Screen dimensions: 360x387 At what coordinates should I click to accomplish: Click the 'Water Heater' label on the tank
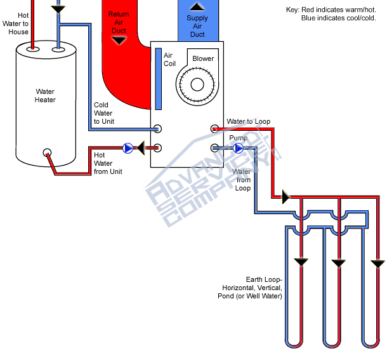click(45, 96)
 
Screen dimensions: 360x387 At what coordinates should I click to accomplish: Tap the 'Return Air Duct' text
click(118, 22)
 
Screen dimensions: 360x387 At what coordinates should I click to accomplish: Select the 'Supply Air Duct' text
click(197, 26)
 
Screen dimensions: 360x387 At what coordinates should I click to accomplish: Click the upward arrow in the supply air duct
click(198, 7)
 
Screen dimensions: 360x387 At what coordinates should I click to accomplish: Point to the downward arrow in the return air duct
click(119, 40)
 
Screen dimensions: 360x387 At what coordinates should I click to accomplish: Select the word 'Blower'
click(203, 59)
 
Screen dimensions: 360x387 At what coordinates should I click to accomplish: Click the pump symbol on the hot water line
click(128, 148)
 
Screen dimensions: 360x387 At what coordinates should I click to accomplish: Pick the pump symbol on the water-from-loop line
click(239, 148)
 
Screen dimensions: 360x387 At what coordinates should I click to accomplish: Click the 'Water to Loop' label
click(249, 121)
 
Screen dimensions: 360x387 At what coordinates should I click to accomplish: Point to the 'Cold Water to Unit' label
click(103, 113)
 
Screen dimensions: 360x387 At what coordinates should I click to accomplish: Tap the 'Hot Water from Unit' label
click(108, 163)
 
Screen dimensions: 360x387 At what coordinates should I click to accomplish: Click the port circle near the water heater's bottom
click(47, 153)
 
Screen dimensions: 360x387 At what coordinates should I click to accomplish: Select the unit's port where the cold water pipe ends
click(158, 129)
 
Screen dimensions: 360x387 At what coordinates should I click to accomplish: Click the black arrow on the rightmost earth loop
click(378, 263)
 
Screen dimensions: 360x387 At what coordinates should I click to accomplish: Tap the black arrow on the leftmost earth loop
click(299, 261)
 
